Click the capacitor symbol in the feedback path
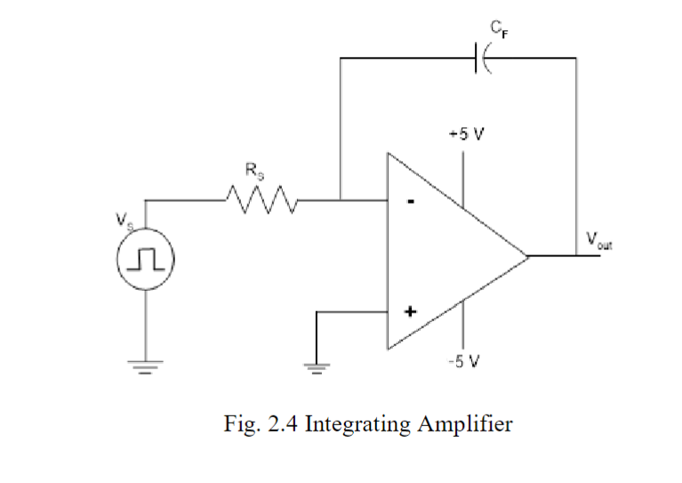[x=485, y=59]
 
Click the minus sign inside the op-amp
[x=410, y=202]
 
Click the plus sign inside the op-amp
[x=410, y=312]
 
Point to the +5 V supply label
[x=466, y=135]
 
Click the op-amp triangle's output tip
[x=527, y=256]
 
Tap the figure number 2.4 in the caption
[x=285, y=424]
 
